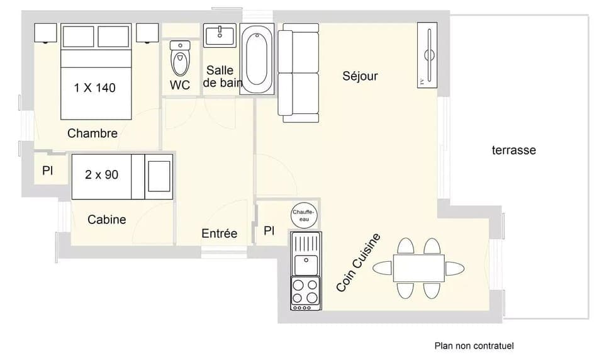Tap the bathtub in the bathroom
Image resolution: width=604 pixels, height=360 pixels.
[x=257, y=59]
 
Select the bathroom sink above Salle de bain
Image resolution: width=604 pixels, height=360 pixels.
[x=219, y=35]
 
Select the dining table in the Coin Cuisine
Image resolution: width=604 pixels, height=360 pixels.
[x=418, y=268]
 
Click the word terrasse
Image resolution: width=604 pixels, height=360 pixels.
[x=513, y=150]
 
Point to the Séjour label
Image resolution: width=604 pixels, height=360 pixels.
[x=360, y=76]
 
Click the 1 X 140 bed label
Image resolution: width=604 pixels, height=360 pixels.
[x=95, y=88]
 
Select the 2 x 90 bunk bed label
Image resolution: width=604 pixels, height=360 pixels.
[x=102, y=174]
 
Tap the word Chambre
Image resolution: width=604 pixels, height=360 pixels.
[x=92, y=133]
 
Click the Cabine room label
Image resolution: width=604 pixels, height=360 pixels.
[x=106, y=220]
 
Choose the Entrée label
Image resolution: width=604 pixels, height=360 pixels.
[x=219, y=233]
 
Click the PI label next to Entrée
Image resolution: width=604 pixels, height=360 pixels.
[x=269, y=231]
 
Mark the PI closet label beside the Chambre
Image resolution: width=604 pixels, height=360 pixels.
[x=47, y=171]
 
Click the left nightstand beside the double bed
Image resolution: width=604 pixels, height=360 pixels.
[x=47, y=33]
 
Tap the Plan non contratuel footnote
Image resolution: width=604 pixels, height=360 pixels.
[x=474, y=346]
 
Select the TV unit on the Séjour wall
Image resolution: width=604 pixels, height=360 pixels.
[x=427, y=55]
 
